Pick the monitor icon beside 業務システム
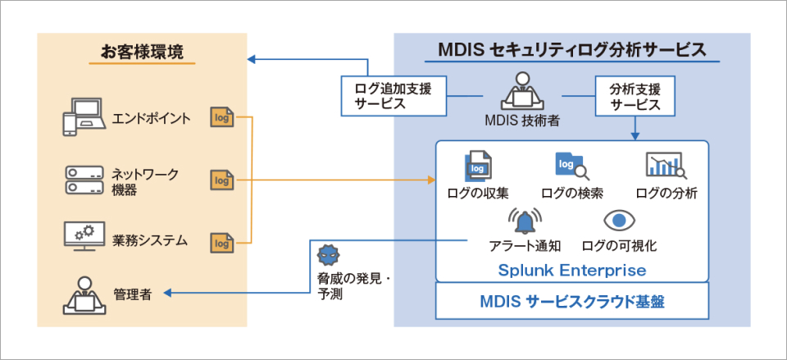[x=84, y=236]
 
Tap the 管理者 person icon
[x=84, y=295]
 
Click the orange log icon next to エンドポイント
[x=221, y=117]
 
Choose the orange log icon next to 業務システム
[x=221, y=242]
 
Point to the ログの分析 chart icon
[x=665, y=166]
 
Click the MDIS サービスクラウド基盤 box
[x=571, y=302]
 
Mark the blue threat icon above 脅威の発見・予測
[x=328, y=255]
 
